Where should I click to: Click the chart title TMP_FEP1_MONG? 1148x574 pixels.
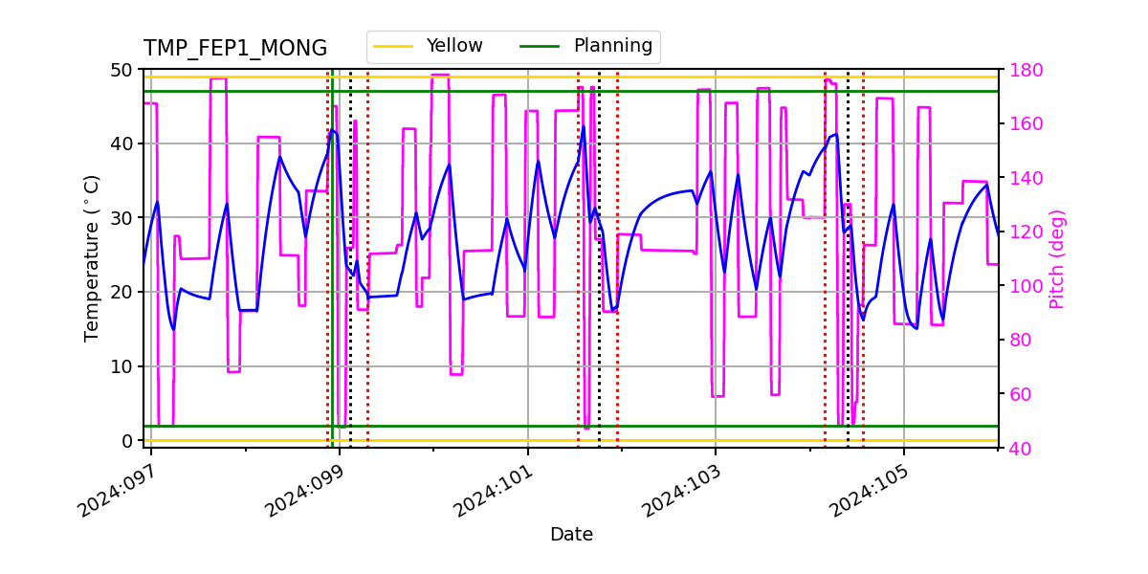(x=235, y=49)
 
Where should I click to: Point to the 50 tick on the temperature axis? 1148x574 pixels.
(x=124, y=70)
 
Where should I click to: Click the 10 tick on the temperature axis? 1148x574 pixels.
(x=124, y=366)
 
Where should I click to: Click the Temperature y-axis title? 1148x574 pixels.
(x=92, y=258)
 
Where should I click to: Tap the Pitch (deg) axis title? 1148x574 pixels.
(x=1057, y=258)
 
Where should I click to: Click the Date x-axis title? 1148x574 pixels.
(x=571, y=535)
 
